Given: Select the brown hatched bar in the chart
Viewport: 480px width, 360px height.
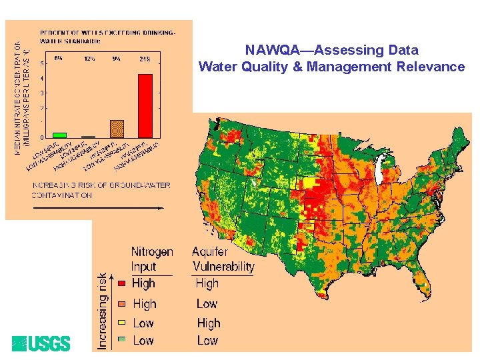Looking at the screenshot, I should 117,128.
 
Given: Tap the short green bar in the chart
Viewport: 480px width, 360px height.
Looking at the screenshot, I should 60,134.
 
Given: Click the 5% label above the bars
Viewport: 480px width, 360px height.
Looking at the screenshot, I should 59,59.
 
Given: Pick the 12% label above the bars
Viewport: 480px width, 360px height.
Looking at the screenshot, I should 89,59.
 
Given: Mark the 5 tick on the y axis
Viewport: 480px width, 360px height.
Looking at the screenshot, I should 43,63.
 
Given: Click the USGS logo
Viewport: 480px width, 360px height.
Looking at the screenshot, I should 41,343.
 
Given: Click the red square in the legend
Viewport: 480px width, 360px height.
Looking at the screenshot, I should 121,283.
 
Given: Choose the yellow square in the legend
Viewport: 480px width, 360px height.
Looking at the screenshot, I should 121,323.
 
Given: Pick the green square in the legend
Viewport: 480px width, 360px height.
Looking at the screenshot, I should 121,341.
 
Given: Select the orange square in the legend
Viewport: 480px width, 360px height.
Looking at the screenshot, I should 121,304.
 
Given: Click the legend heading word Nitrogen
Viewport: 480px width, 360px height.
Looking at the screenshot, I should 152,252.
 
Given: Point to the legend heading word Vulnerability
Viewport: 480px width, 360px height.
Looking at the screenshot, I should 223,267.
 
